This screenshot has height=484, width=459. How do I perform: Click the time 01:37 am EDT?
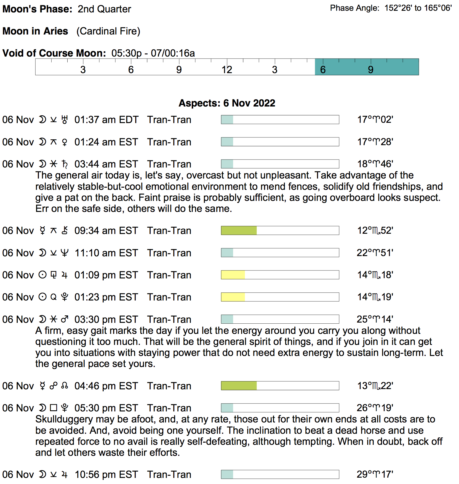[x=106, y=120]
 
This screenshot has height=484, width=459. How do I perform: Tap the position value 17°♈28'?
[x=375, y=142]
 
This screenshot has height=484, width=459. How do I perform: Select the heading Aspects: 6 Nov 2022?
[x=227, y=103]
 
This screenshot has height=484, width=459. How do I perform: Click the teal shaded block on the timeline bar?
[x=367, y=67]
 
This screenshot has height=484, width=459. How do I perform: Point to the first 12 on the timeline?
[x=227, y=70]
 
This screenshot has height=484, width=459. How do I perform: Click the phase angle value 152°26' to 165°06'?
[x=418, y=8]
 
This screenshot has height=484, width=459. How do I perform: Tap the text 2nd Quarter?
[x=104, y=9]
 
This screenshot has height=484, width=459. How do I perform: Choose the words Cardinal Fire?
[x=108, y=31]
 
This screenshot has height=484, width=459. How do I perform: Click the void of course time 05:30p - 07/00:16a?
[x=153, y=53]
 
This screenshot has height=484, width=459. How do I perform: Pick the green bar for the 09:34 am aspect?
[x=239, y=230]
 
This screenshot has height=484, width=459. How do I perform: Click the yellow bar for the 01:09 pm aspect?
[x=233, y=275]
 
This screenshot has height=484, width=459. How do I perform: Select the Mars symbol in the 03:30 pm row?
[x=65, y=319]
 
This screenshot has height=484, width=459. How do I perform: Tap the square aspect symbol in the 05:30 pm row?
[x=54, y=408]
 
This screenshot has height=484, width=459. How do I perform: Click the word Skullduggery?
[x=64, y=419]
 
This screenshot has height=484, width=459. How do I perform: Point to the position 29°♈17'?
[x=375, y=474]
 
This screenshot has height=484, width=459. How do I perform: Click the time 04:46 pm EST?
[x=106, y=386]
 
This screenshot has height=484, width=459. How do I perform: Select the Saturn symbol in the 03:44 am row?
[x=65, y=164]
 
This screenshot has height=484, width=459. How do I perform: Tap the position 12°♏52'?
[x=375, y=230]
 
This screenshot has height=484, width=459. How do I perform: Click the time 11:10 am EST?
[x=106, y=253]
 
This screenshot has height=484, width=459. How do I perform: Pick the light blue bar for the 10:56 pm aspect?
[x=227, y=474]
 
